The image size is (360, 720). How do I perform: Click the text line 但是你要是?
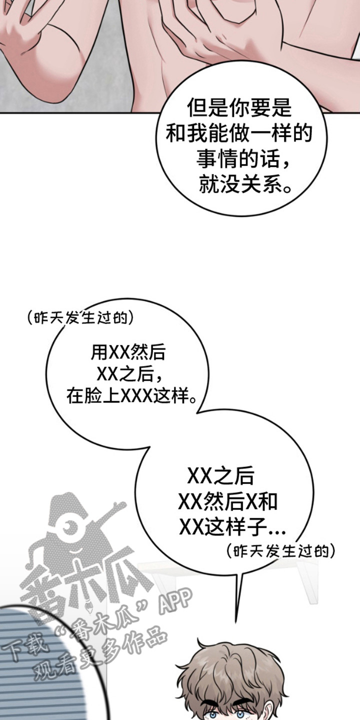coord(239,107)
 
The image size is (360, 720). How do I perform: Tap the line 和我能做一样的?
coord(239,133)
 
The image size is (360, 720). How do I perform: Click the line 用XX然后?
coord(128,352)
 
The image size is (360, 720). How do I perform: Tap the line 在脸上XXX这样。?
coord(131,395)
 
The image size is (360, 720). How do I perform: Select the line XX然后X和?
coord(227,501)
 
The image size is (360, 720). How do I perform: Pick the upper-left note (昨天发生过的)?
coord(80,318)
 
